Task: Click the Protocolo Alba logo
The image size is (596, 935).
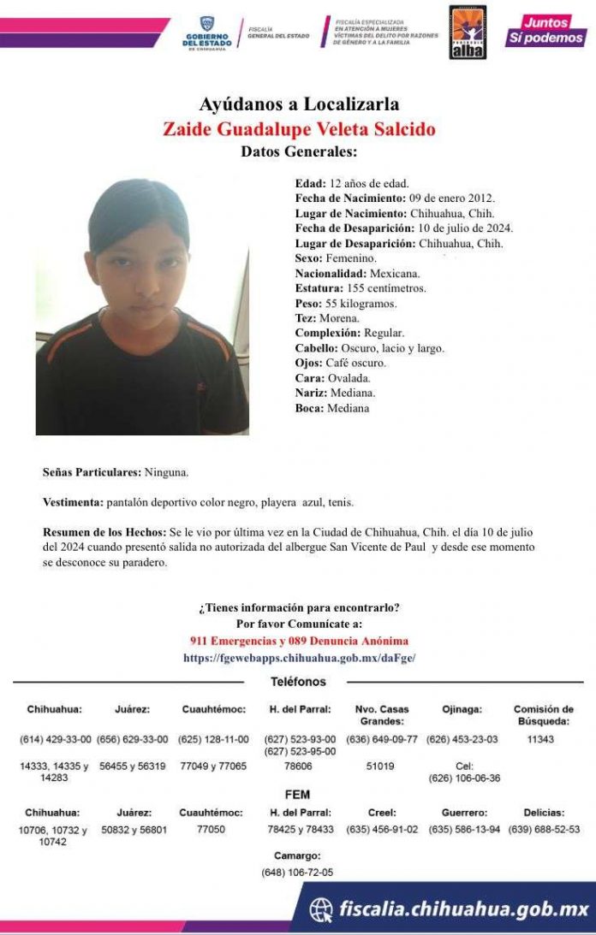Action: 468,32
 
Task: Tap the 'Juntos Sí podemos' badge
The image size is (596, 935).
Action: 545,30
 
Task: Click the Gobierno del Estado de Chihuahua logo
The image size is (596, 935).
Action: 206,34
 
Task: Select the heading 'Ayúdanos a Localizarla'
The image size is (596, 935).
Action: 299,105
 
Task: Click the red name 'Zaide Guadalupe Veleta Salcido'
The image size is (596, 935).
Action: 299,130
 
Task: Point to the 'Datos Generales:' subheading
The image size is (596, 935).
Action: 299,152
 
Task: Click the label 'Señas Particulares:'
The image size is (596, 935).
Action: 92,472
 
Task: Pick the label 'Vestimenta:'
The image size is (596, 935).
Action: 73,502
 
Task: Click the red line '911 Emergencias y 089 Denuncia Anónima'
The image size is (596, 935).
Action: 299,641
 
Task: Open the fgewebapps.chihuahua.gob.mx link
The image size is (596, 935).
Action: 299,658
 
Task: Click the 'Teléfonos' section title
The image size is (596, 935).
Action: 298,682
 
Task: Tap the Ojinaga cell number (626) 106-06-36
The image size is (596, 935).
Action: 464,778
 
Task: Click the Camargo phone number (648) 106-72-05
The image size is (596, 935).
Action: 297,873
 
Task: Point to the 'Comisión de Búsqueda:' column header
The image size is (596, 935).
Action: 543,715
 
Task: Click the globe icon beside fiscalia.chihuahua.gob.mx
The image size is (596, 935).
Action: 321,909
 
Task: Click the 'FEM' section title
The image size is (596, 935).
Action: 297,794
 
